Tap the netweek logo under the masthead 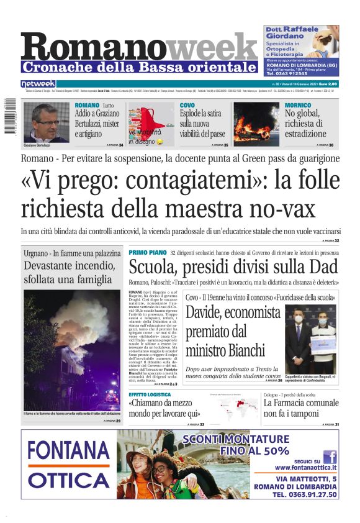tap(38, 83)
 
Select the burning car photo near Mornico tap(256, 124)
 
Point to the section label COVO tap(187, 106)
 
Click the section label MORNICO tap(298, 106)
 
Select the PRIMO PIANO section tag tap(148, 253)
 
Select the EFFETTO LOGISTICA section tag tap(150, 394)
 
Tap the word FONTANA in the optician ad tap(69, 450)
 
